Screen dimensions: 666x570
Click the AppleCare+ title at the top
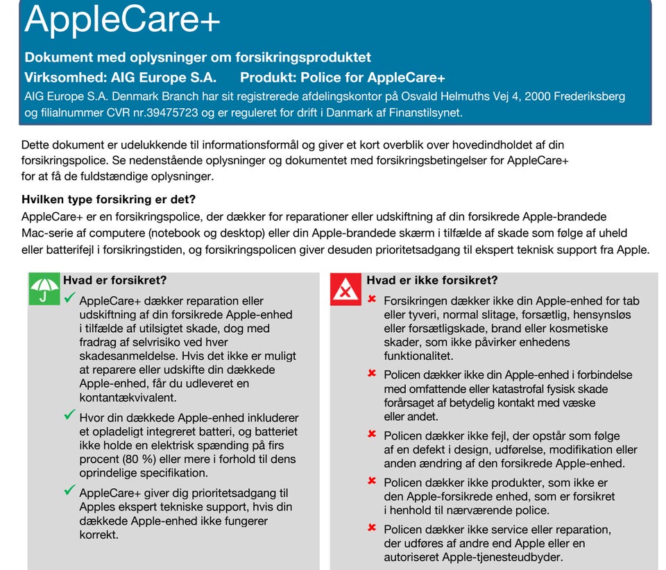tap(122, 19)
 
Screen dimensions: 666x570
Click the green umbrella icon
tap(44, 288)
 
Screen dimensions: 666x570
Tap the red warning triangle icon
tap(345, 289)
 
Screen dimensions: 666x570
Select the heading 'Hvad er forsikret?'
tap(114, 280)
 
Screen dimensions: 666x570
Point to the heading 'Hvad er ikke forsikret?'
tap(432, 280)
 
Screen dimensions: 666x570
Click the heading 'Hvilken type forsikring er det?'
tap(108, 199)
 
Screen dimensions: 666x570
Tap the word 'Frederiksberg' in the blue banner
tap(590, 96)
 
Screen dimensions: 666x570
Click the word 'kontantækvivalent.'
tap(128, 397)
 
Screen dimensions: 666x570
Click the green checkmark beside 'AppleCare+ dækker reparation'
tap(69, 297)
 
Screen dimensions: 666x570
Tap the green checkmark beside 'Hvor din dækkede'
tap(69, 414)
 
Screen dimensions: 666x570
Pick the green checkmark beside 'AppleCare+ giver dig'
tap(69, 490)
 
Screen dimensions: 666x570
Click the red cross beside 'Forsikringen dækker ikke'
tap(372, 299)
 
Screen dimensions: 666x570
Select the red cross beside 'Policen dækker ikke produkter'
tap(372, 481)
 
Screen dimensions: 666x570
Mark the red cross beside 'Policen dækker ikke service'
tap(372, 528)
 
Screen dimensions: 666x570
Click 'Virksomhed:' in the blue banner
tap(65, 77)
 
